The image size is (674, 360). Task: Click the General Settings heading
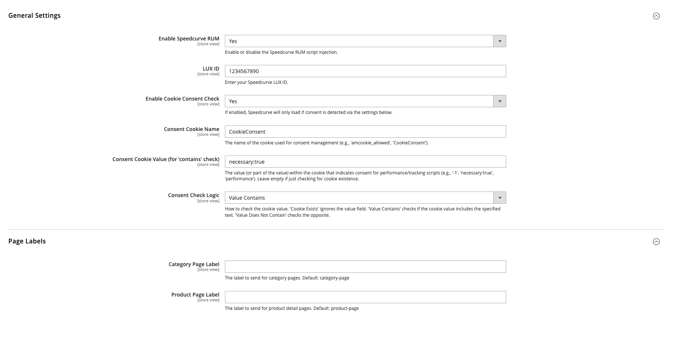pyautogui.click(x=34, y=16)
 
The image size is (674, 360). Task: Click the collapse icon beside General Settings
pyautogui.click(x=656, y=16)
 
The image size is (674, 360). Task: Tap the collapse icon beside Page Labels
pyautogui.click(x=656, y=242)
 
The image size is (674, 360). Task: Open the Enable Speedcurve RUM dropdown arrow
pyautogui.click(x=500, y=41)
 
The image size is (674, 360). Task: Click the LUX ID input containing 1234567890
pyautogui.click(x=365, y=71)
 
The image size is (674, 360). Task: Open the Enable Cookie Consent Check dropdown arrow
pyautogui.click(x=500, y=101)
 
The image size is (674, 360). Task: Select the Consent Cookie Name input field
pyautogui.click(x=365, y=132)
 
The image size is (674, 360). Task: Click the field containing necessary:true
pyautogui.click(x=365, y=162)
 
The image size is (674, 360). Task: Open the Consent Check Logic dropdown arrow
pyautogui.click(x=500, y=198)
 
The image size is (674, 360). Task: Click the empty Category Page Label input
pyautogui.click(x=365, y=267)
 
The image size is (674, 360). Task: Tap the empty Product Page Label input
pyautogui.click(x=365, y=297)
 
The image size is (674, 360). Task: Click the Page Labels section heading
pyautogui.click(x=27, y=241)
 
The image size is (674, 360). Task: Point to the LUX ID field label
pyautogui.click(x=211, y=69)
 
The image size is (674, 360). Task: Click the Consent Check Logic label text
pyautogui.click(x=193, y=195)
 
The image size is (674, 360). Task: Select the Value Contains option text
pyautogui.click(x=247, y=198)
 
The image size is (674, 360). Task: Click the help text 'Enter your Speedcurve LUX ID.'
pyautogui.click(x=256, y=82)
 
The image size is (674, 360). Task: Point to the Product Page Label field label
pyautogui.click(x=195, y=295)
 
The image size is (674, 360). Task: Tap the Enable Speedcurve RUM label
pyautogui.click(x=189, y=39)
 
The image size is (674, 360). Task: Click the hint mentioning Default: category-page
pyautogui.click(x=287, y=278)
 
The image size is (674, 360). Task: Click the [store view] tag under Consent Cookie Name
pyautogui.click(x=208, y=135)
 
